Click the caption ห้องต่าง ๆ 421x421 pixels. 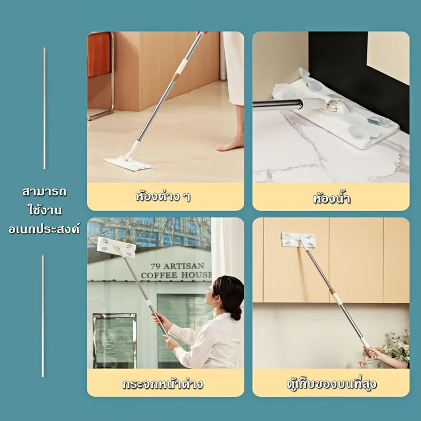(163, 196)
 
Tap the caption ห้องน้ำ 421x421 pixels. (332, 198)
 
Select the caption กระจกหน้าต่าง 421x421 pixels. (163, 384)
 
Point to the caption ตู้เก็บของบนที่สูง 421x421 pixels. (332, 384)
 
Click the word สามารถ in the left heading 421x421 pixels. (44, 192)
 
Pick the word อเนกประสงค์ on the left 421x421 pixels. (44, 229)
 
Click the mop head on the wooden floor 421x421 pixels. (129, 163)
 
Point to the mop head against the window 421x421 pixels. (116, 247)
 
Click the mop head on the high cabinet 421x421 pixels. (298, 240)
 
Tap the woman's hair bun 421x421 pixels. (236, 313)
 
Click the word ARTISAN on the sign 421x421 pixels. (184, 266)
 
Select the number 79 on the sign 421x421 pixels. (155, 266)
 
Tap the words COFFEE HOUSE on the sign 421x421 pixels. (176, 275)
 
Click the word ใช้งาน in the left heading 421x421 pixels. (45, 210)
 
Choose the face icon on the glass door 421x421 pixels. (109, 343)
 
